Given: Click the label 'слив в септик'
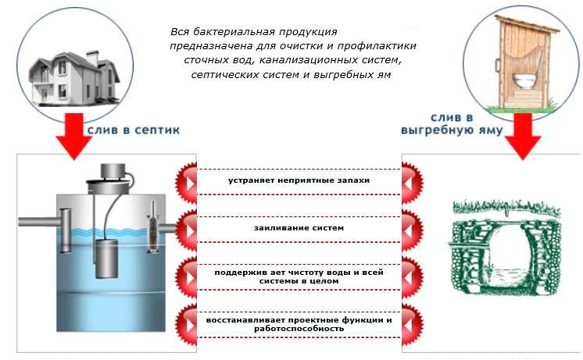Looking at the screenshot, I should (x=133, y=129).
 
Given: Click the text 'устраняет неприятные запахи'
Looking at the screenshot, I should (x=299, y=180).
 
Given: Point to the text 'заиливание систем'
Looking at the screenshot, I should (x=299, y=228).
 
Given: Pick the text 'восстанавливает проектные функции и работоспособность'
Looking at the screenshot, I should (x=299, y=324).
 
